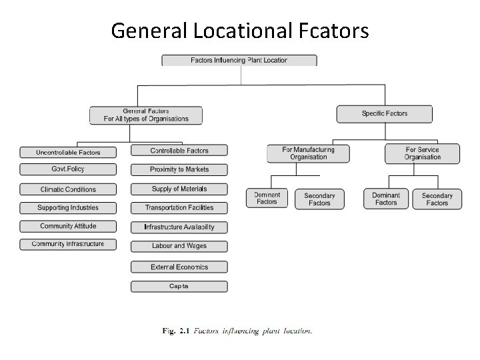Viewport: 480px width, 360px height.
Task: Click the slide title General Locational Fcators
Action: [x=240, y=31]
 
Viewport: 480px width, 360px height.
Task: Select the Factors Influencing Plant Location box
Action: [x=239, y=61]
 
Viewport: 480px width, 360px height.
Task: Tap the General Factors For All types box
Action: [x=146, y=115]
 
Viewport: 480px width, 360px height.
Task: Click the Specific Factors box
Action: [x=384, y=114]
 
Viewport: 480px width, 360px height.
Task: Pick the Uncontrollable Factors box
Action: [x=68, y=153]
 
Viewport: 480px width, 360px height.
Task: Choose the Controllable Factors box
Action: [x=179, y=151]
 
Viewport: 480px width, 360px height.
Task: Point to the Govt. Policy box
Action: [x=68, y=169]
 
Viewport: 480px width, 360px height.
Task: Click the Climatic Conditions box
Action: [x=68, y=189]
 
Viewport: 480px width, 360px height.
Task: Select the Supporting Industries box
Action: [x=68, y=208]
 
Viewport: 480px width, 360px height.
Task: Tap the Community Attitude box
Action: [x=68, y=227]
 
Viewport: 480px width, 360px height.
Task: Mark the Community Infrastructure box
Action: [x=68, y=244]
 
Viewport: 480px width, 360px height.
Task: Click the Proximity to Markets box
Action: [x=179, y=169]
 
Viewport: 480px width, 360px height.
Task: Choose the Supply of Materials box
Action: [x=179, y=189]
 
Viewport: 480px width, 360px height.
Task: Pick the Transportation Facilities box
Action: [x=179, y=208]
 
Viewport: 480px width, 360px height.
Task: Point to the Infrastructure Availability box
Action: [x=179, y=227]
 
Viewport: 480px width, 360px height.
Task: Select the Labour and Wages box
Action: [x=179, y=246]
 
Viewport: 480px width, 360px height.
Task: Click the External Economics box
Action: [x=179, y=267]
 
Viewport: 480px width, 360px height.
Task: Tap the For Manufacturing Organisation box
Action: [x=308, y=153]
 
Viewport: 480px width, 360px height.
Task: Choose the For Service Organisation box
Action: [x=422, y=153]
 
